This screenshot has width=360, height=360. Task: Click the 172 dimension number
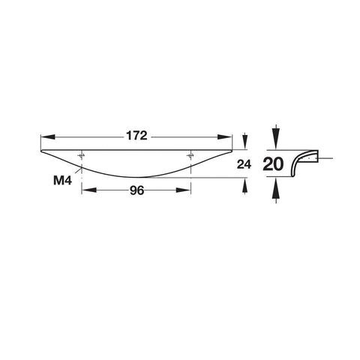pos(136,136)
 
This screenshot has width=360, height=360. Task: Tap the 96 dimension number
pos(137,190)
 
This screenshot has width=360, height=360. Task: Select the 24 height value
pos(244,164)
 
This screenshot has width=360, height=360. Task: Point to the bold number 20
pos(273,164)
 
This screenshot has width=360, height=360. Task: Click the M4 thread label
pos(62,180)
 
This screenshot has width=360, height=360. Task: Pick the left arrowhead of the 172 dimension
pos(48,137)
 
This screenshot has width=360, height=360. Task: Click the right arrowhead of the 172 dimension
pos(225,137)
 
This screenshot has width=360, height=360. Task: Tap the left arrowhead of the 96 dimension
pos(89,190)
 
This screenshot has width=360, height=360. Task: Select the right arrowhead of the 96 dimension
pos(184,190)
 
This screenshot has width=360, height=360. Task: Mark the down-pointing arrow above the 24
pos(245,142)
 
